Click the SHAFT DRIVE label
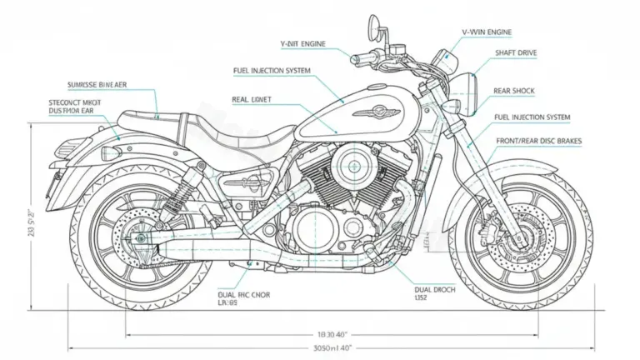pos(517,53)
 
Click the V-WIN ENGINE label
pos(487,31)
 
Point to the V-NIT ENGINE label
pos(302,42)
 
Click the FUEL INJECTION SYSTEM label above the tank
pos(272,71)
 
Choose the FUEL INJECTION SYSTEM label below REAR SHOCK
pos(532,117)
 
